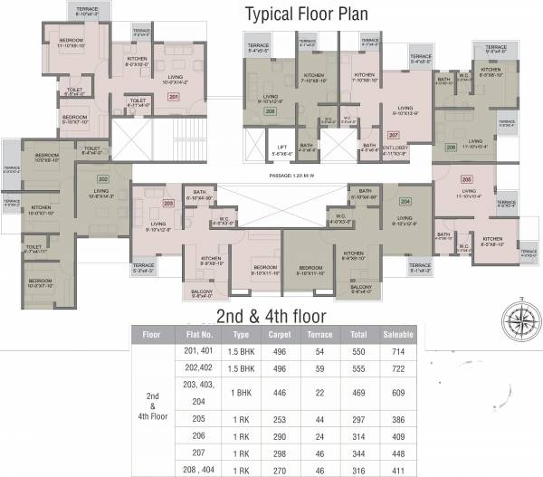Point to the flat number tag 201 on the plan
point(174,96)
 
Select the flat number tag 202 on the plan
point(102,178)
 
